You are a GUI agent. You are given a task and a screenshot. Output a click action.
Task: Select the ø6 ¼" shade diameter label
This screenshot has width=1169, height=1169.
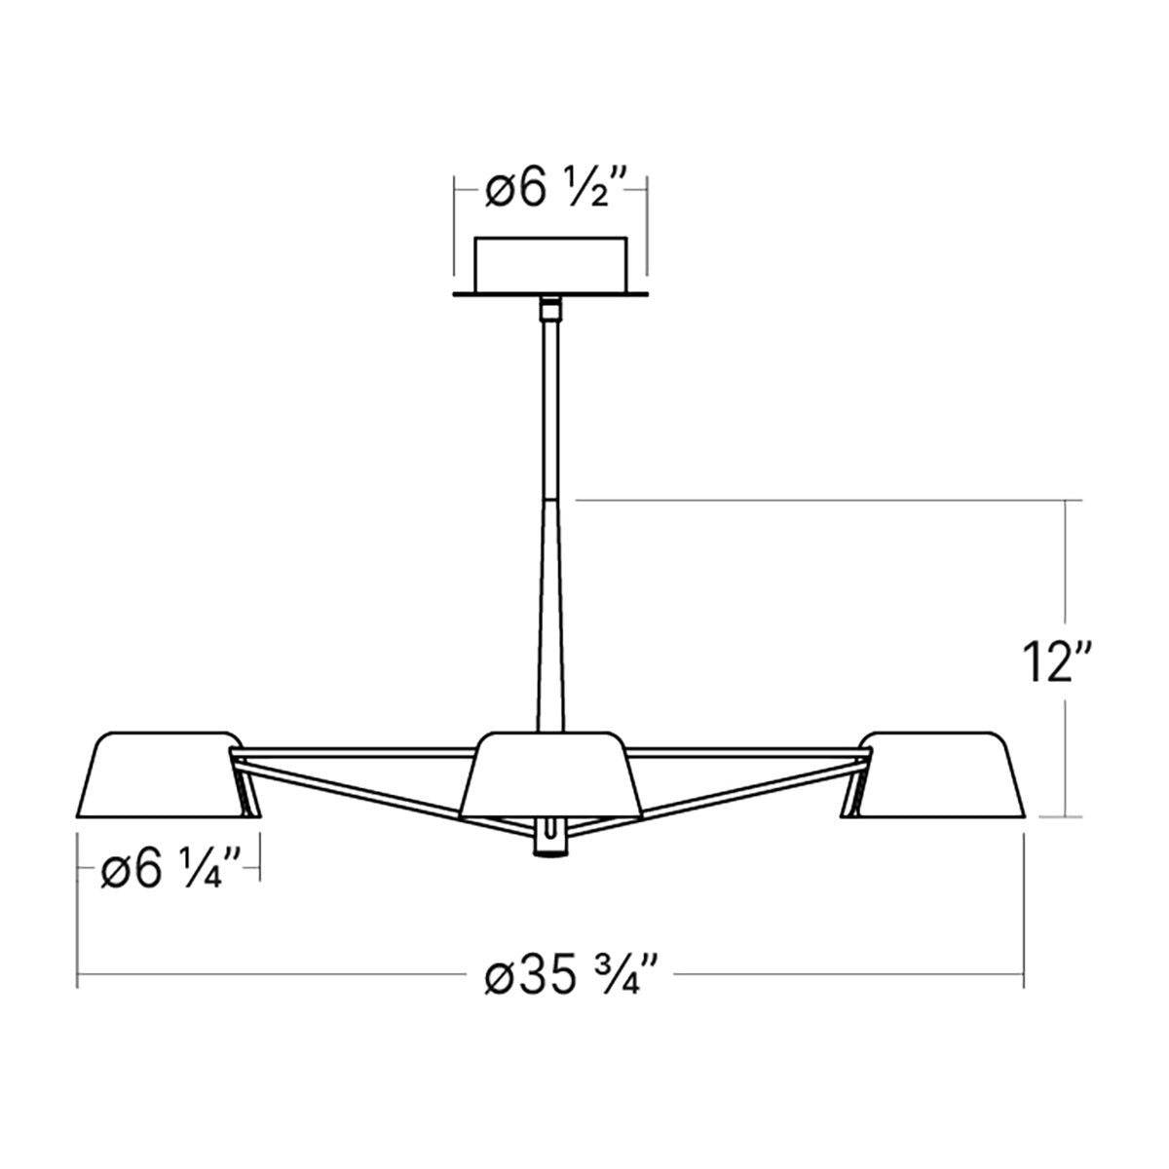pos(171,872)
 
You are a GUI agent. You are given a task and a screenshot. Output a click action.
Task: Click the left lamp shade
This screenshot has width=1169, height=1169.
pos(168,774)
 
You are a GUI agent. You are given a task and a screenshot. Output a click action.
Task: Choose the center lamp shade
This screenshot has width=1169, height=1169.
pos(550,774)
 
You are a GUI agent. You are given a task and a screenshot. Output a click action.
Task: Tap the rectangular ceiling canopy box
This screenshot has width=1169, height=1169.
pos(550,265)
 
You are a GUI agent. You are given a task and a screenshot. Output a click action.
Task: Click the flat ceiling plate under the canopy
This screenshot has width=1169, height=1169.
pos(550,294)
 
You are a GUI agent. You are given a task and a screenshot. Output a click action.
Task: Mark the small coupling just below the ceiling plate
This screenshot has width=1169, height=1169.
pos(550,309)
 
